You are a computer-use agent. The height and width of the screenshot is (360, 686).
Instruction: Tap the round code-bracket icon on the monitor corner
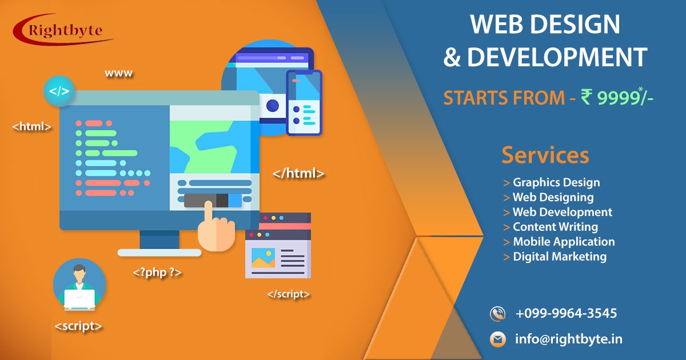59,91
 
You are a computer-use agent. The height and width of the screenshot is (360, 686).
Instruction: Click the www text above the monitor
118,74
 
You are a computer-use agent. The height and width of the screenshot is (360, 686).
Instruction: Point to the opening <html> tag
31,126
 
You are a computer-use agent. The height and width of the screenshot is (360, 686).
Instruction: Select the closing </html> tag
298,173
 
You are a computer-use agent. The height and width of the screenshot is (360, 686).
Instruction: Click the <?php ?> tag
157,272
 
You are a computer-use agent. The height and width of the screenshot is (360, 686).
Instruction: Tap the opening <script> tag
78,326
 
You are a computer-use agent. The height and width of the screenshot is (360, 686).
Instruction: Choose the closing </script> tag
289,294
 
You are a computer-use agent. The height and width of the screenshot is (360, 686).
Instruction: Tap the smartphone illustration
304,103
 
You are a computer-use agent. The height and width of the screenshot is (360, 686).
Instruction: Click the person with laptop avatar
79,285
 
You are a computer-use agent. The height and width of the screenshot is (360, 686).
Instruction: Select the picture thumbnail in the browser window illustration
263,258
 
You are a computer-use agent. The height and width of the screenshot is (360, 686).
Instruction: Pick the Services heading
545,155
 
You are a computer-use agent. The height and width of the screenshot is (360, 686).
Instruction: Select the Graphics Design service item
552,182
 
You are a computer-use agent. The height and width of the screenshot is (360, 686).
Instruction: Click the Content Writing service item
551,227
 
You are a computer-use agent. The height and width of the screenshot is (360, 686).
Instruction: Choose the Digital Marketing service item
555,257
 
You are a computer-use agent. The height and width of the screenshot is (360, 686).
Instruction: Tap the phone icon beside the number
497,314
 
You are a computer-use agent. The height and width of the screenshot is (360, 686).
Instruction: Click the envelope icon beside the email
498,339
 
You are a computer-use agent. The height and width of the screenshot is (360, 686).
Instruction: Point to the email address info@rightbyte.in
569,339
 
